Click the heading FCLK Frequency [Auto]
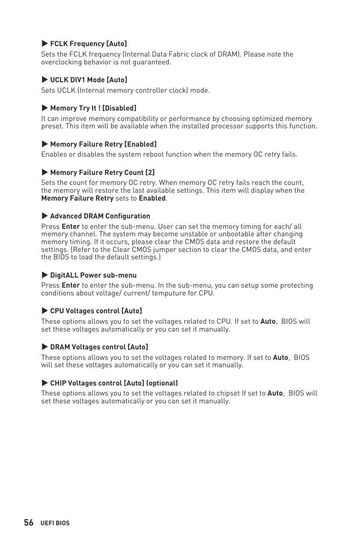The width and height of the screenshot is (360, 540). click(x=88, y=44)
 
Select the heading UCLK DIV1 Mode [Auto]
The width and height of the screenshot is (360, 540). click(x=88, y=80)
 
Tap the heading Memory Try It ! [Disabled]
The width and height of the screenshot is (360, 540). click(x=93, y=108)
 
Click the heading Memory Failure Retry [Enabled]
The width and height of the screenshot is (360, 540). click(x=103, y=144)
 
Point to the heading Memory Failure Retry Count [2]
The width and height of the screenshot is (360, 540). click(x=102, y=172)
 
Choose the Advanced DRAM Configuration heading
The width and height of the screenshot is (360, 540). click(x=100, y=216)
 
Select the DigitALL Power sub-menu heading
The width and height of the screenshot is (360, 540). click(x=93, y=275)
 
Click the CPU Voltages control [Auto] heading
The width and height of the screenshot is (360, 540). click(x=96, y=311)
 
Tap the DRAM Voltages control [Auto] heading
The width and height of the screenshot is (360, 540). click(x=99, y=347)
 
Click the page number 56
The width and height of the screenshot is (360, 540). click(x=29, y=523)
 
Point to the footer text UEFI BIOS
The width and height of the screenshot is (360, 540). click(x=55, y=523)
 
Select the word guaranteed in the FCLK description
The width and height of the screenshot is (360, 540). click(x=153, y=62)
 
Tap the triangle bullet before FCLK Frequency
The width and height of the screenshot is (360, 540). click(x=44, y=44)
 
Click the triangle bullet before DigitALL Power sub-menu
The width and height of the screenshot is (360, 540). click(x=44, y=275)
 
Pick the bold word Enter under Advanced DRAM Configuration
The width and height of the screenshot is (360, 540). click(x=71, y=227)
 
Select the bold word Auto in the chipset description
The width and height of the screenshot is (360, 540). click(x=275, y=393)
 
